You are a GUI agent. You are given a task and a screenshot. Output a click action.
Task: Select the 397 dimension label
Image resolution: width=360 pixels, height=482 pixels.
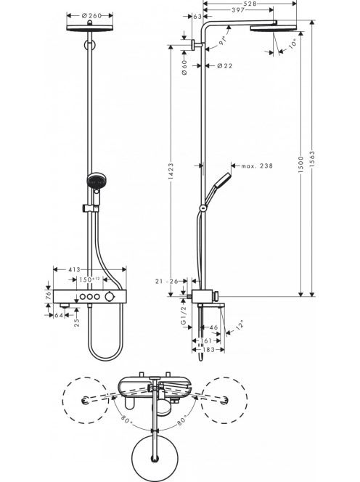(x=238, y=10)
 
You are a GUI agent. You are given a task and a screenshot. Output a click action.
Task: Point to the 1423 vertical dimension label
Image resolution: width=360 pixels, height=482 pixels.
(x=171, y=171)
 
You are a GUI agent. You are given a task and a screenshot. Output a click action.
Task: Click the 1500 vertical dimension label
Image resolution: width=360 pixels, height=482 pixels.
(x=301, y=165)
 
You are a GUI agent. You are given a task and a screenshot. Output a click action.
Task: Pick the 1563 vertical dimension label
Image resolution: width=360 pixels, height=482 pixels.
(x=312, y=159)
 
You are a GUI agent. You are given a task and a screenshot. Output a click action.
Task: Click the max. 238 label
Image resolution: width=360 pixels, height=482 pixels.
(x=257, y=166)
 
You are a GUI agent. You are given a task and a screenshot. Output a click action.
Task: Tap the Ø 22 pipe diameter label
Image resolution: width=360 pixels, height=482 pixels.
(x=225, y=65)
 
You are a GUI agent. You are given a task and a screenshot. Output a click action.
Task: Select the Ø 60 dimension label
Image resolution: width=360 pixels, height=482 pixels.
(x=184, y=68)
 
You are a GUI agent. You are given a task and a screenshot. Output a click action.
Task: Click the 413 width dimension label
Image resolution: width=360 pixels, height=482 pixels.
(x=74, y=269)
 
